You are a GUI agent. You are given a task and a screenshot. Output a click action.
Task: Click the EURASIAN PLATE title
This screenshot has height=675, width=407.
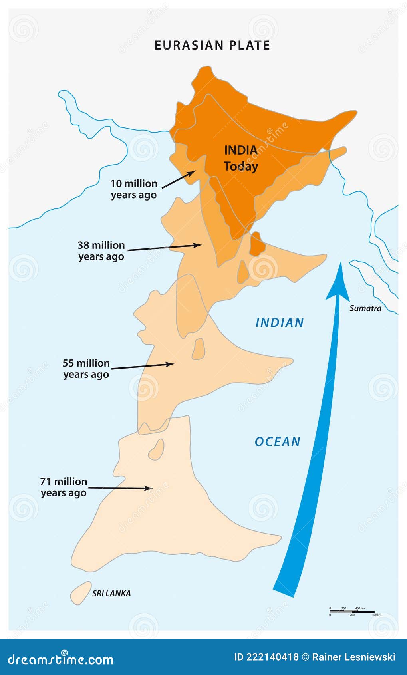click(x=212, y=45)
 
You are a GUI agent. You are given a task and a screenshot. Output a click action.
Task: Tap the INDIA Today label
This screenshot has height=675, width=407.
click(x=240, y=158)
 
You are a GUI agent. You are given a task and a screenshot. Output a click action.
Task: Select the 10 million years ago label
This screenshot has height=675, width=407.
click(x=134, y=189)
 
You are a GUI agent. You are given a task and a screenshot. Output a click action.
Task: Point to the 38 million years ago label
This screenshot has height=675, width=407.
click(x=101, y=250)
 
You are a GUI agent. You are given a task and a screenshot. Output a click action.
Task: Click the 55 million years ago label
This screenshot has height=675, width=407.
click(x=86, y=369)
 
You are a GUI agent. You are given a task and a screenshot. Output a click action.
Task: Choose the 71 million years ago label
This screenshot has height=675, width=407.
click(x=64, y=487)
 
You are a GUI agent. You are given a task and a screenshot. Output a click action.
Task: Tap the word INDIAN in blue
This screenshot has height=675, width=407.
click(x=280, y=322)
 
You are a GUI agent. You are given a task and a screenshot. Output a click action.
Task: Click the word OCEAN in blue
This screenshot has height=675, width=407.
click(x=278, y=441)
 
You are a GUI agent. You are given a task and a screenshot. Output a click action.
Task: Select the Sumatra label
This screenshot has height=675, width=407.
click(x=365, y=308)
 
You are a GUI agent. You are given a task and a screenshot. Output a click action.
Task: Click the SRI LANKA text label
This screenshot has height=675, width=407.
click(x=111, y=593)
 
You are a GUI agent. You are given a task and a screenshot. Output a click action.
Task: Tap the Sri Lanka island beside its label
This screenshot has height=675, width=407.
click(x=81, y=592)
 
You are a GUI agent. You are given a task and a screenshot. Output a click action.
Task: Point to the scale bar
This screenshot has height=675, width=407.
click(x=351, y=611)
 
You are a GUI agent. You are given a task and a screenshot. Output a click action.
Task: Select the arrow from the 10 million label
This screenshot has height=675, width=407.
click(x=179, y=179)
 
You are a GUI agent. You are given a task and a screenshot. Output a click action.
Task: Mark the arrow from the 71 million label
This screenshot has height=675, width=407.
click(x=120, y=488)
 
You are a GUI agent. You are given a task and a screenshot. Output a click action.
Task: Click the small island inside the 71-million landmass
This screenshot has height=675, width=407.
click(x=156, y=450)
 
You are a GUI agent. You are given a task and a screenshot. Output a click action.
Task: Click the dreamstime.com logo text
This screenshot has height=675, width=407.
click(x=60, y=659)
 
